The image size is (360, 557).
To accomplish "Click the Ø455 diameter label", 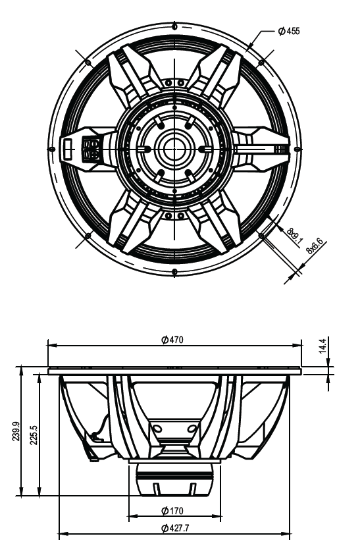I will (288, 30).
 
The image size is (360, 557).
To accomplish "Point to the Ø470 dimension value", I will (172, 340).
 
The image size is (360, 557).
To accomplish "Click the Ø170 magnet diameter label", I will (172, 510).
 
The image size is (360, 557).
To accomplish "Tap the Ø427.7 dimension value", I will (172, 528).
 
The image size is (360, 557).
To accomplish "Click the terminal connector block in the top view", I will (90, 148).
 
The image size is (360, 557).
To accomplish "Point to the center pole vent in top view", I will (174, 148).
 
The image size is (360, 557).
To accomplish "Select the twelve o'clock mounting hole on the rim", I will (174, 26).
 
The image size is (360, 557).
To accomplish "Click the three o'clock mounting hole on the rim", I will (296, 148).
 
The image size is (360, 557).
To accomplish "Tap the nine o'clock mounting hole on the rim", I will (51, 148).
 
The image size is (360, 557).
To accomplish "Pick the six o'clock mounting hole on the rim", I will (174, 271).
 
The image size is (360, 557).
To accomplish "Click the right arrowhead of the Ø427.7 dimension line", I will (286, 533).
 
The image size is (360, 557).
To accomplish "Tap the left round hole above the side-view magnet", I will (157, 429).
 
